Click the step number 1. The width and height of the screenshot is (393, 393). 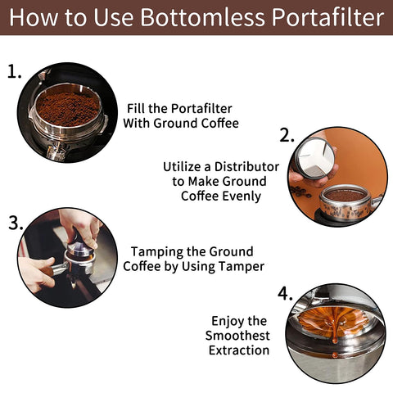click(14, 71)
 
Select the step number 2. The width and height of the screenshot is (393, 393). click(287, 136)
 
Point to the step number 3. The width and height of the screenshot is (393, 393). click(15, 223)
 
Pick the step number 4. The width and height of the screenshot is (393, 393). click(285, 292)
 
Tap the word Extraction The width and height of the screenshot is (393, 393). click(238, 350)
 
